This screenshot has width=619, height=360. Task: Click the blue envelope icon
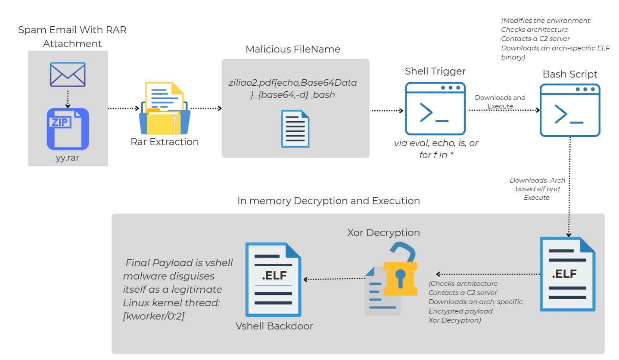coord(68,74)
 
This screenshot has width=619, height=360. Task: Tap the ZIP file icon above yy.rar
coord(68,129)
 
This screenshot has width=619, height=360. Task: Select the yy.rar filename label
coord(68,158)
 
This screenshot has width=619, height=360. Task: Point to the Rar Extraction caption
coord(165,142)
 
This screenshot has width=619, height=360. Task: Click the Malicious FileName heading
coord(293,49)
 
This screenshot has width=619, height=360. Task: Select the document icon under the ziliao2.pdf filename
coord(295,129)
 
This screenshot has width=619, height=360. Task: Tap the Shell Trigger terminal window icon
coord(435,109)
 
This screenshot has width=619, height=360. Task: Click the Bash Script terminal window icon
coord(570,110)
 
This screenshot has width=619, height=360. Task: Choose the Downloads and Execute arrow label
coord(500,102)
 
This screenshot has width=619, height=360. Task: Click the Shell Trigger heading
coord(435,71)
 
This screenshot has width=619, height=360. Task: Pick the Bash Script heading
coord(570,74)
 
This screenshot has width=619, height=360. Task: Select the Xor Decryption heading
coord(383,233)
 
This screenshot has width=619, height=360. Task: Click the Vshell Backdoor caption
coord(274,326)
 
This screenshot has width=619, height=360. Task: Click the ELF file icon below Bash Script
coord(567,274)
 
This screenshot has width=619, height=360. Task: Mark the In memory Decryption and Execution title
coord(328,201)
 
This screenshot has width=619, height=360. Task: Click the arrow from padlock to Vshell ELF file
coord(333,279)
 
